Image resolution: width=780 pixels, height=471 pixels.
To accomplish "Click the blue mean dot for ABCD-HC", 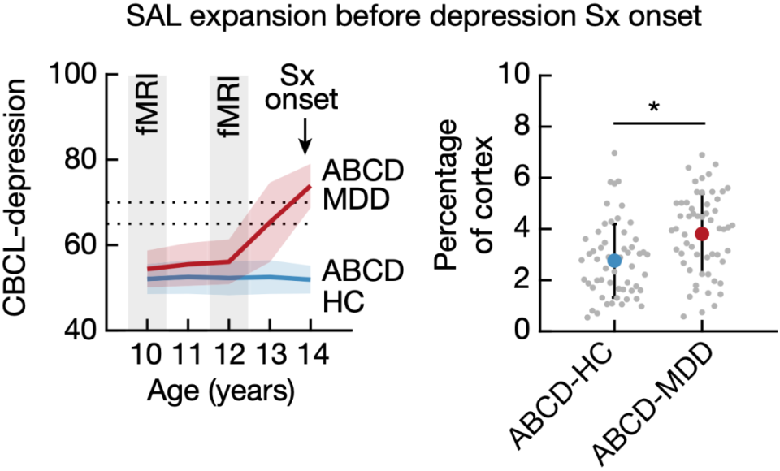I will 614,260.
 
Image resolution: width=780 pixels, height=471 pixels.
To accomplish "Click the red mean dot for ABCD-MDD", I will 701,234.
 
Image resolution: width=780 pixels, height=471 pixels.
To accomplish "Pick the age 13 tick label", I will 270,357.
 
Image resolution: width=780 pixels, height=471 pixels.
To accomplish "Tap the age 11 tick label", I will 188,357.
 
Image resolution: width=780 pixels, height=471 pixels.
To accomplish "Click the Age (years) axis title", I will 220,391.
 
